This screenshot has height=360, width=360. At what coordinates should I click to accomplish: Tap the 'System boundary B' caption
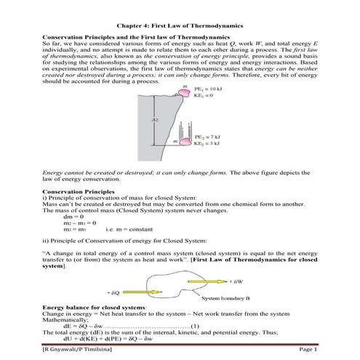click(x=228, y=298)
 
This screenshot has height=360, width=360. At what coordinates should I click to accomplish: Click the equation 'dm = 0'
click(x=74, y=217)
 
